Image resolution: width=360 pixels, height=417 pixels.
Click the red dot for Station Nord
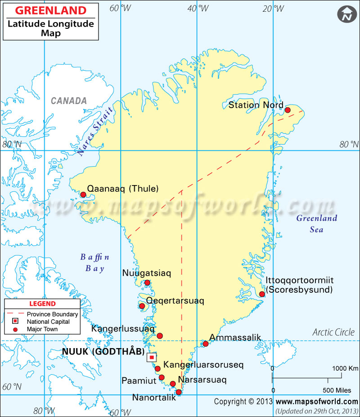[x=288, y=110]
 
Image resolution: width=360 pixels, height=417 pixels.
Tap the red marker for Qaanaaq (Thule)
[x=83, y=195]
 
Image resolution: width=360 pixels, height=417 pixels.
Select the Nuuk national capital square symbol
[x=152, y=357]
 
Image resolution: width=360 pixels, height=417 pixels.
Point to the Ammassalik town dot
[x=206, y=344]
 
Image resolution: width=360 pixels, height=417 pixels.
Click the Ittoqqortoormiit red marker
[x=262, y=294]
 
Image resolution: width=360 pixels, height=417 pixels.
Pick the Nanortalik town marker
[x=179, y=392]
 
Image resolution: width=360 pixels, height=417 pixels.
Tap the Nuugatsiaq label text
[x=147, y=272]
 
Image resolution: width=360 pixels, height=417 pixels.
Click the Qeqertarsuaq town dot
[x=142, y=306]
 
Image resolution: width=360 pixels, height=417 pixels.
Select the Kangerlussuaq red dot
[x=159, y=335]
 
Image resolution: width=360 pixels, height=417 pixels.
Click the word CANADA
[x=68, y=101]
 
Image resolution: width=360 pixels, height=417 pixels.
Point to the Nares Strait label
[x=95, y=131]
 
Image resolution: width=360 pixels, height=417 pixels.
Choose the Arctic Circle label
[x=333, y=333]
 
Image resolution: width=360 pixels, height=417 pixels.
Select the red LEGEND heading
[x=43, y=304]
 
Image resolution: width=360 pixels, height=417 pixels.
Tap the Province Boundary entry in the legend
[x=52, y=314]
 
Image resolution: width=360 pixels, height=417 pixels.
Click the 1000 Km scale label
[x=345, y=368]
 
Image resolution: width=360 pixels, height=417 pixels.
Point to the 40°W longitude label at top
[x=198, y=8]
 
